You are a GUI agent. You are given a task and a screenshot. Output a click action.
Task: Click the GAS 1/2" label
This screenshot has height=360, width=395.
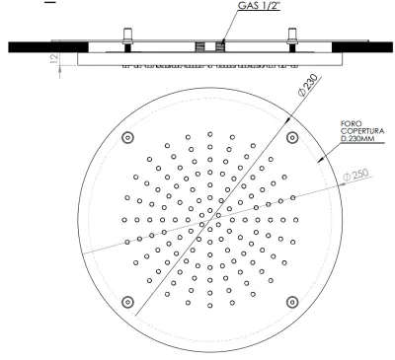click(259, 5)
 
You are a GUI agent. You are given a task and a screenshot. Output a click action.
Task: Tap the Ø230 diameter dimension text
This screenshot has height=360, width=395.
click(308, 85)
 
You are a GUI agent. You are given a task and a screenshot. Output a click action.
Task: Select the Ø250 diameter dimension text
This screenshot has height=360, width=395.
click(355, 175)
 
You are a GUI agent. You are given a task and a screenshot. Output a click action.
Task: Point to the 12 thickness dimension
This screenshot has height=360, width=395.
click(54, 58)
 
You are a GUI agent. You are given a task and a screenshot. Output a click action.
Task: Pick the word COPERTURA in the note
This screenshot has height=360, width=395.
click(362, 131)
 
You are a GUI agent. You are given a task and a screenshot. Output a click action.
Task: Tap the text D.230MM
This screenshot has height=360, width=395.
click(356, 139)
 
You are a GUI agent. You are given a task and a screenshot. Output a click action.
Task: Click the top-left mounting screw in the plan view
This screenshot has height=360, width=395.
click(127, 138)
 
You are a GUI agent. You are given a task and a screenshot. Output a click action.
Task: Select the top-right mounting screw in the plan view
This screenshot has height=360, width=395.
click(292, 138)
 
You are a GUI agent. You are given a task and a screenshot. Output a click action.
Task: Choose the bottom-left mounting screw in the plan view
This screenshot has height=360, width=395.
click(127, 302)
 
